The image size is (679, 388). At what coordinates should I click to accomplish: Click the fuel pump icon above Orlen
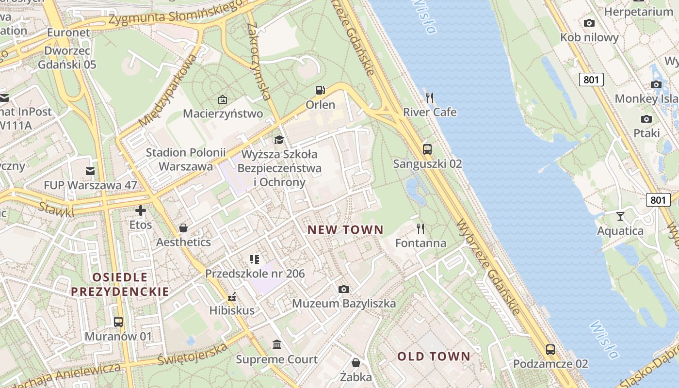click(x=320, y=90)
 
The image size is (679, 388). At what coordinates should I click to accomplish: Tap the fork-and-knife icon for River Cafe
click(x=429, y=98)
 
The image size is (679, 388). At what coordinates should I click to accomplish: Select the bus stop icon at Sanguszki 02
click(x=427, y=149)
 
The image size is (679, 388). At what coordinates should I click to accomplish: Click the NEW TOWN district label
click(x=345, y=230)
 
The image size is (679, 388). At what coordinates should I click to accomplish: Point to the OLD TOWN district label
click(x=434, y=356)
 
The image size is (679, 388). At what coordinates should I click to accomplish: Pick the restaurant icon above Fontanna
click(x=420, y=229)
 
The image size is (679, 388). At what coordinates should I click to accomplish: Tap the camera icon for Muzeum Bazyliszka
click(x=343, y=290)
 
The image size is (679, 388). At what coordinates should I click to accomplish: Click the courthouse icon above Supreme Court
click(x=277, y=345)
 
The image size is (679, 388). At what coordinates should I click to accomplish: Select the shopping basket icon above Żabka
click(x=356, y=363)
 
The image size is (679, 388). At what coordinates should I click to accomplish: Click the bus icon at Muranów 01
click(x=118, y=322)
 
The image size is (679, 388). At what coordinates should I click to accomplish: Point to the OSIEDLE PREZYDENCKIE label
click(x=120, y=284)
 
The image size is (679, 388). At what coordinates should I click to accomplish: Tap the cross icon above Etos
click(x=141, y=210)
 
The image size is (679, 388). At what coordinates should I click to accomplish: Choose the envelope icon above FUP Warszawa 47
click(x=90, y=171)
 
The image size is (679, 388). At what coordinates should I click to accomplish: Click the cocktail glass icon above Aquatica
click(x=620, y=216)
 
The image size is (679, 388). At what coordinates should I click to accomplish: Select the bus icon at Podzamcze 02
click(x=550, y=349)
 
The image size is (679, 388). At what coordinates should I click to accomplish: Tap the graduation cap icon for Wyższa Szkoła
click(x=279, y=140)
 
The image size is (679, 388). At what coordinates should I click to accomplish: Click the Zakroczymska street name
click(x=258, y=61)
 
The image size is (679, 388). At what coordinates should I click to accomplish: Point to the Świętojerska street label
click(x=193, y=355)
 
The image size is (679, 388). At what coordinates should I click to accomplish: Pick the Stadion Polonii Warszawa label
click(x=179, y=160)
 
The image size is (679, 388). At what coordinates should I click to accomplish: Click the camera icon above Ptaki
click(x=647, y=119)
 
